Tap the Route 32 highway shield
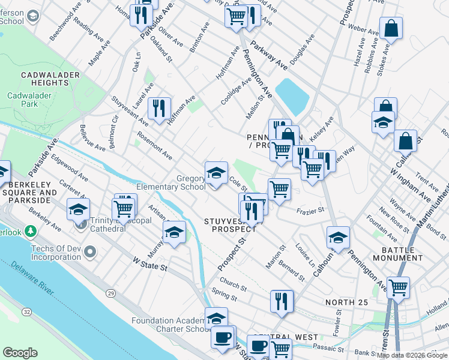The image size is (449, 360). pyautogui.click(x=28, y=312)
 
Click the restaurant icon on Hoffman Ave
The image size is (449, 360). pyautogui.click(x=158, y=108)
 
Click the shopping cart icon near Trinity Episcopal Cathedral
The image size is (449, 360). pyautogui.click(x=124, y=208)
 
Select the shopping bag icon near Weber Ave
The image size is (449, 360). pyautogui.click(x=391, y=28)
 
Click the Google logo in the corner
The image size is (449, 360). pyautogui.click(x=20, y=353)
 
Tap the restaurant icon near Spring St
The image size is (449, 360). pyautogui.click(x=282, y=301)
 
